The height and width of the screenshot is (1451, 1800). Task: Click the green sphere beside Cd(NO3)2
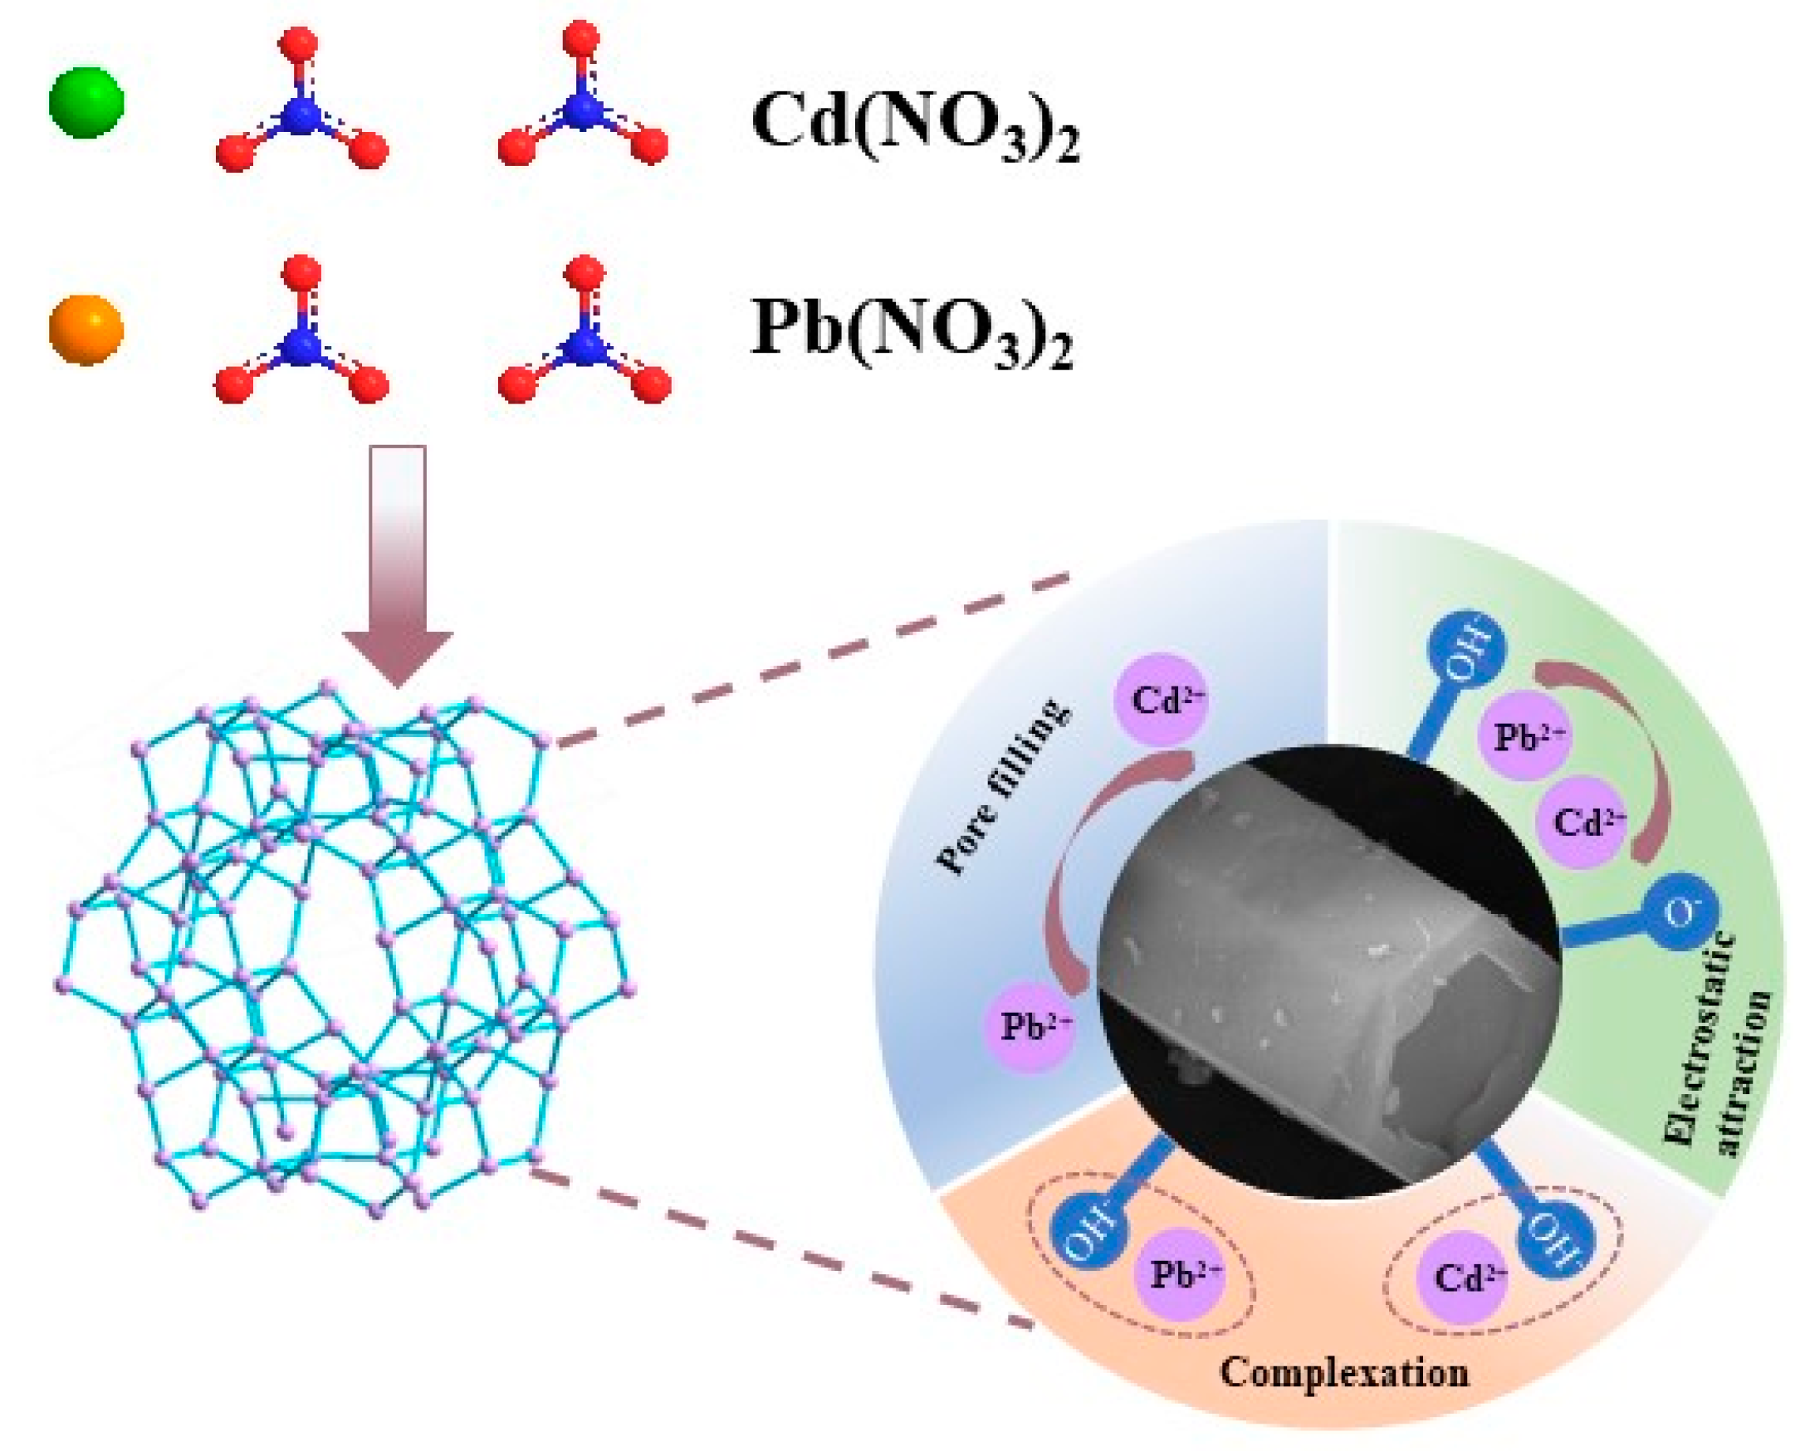coord(86,102)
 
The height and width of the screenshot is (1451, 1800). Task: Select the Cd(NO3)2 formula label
coord(915,124)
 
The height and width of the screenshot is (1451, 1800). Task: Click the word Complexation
coord(1343,1372)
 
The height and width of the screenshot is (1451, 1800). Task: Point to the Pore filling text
coord(1001,789)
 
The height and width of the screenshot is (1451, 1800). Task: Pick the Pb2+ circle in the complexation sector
coord(1184,1274)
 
